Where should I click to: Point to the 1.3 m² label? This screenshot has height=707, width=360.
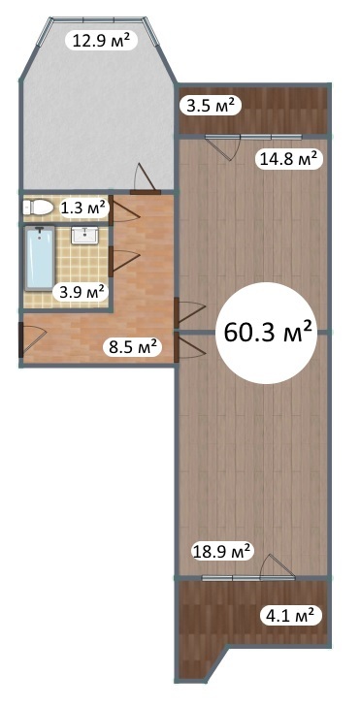tap(83, 209)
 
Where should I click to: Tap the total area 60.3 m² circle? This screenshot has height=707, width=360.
tap(268, 333)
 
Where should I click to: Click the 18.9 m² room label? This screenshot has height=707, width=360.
tap(221, 551)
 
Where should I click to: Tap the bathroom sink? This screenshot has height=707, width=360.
tap(84, 235)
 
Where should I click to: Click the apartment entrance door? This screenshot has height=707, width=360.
tap(32, 340)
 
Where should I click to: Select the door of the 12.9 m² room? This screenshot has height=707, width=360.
tap(146, 178)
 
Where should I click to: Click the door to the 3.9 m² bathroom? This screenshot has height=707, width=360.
tap(124, 262)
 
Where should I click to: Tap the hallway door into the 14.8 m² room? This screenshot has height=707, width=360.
tap(190, 312)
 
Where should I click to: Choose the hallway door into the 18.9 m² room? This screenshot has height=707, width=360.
tap(190, 347)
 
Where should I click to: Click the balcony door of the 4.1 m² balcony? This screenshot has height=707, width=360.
tap(278, 566)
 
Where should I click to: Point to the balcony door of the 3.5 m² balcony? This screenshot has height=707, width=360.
tap(222, 147)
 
